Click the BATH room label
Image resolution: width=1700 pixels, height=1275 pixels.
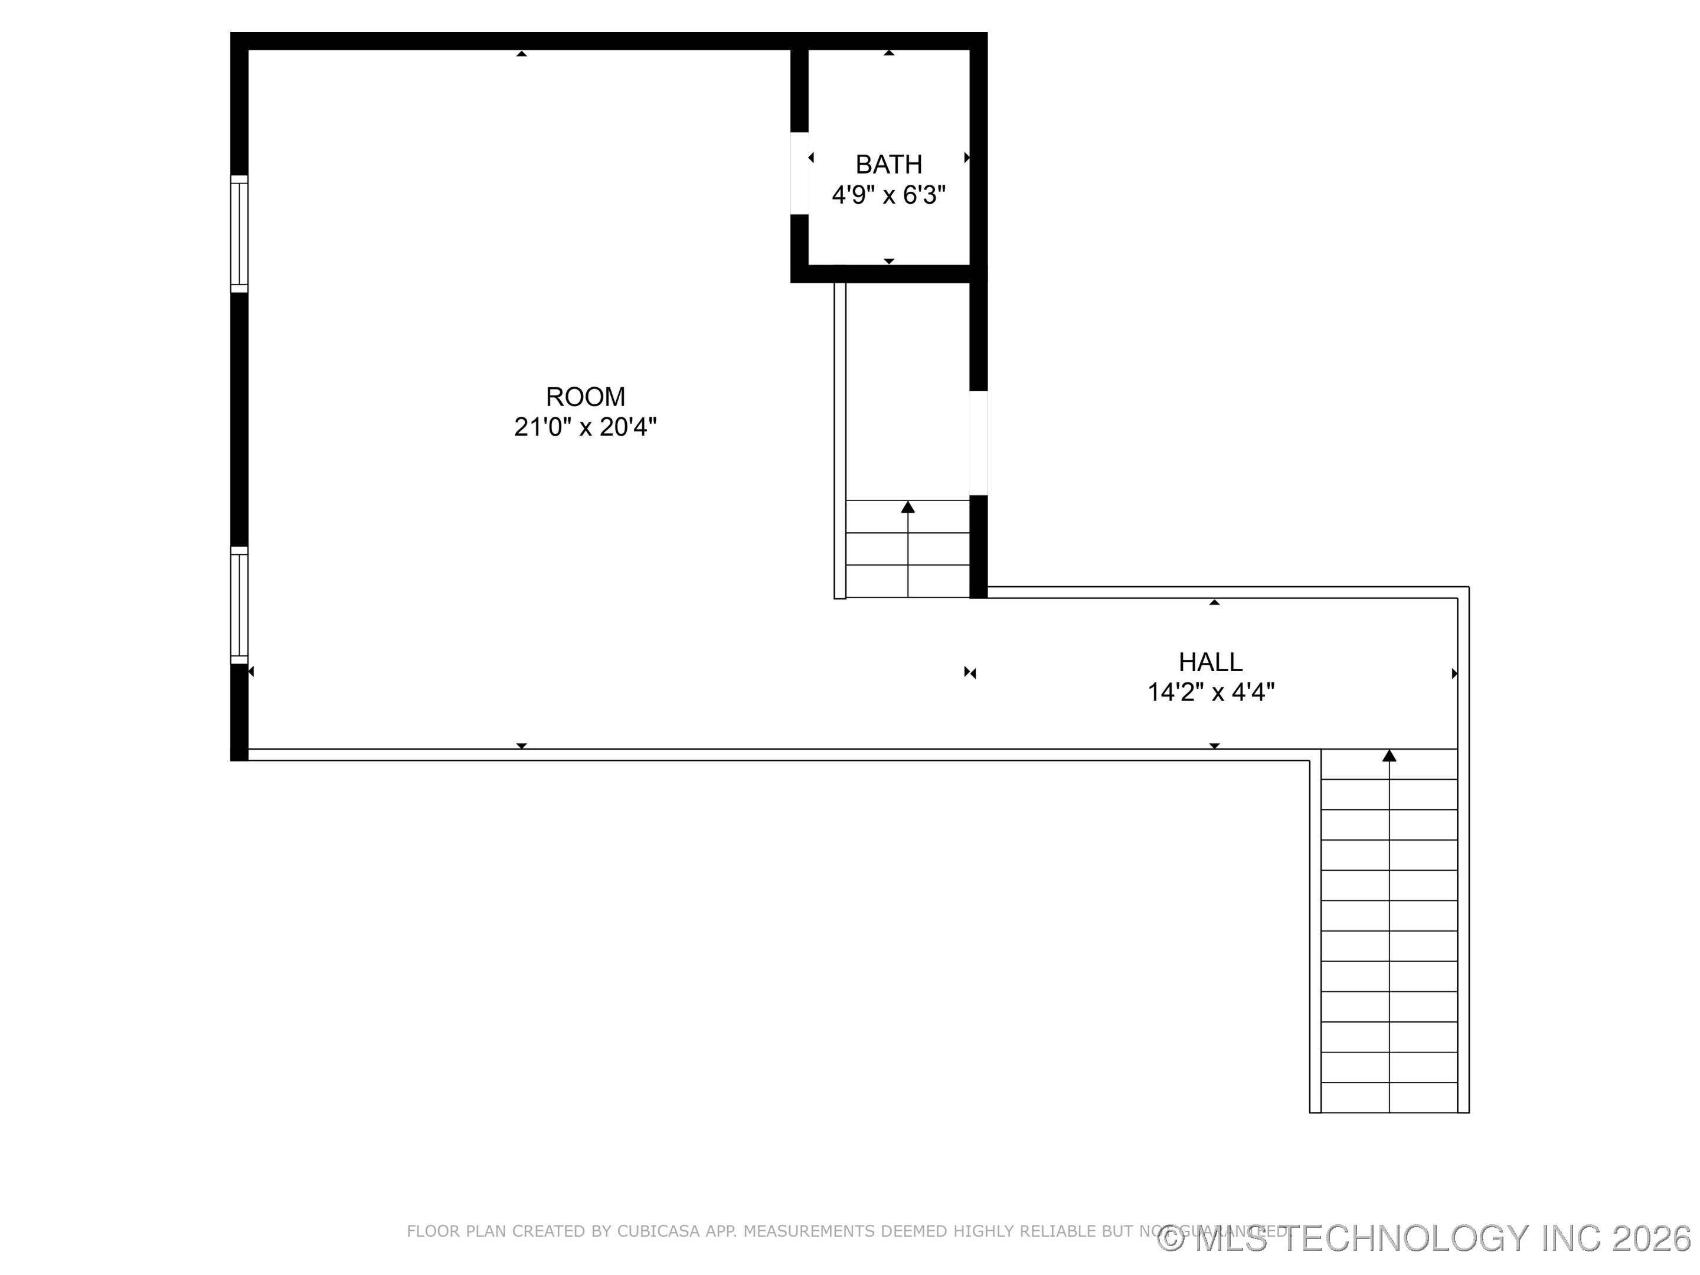click(888, 165)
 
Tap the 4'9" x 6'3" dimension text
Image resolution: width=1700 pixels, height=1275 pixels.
click(888, 195)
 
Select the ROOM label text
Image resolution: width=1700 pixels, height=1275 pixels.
click(585, 397)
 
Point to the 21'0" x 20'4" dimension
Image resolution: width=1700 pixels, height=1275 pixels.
click(585, 427)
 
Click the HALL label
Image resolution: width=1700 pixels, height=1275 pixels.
click(1211, 662)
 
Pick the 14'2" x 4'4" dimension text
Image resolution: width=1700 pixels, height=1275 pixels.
click(1211, 692)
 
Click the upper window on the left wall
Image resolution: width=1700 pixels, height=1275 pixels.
click(240, 234)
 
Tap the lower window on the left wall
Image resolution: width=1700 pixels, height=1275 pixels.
click(240, 605)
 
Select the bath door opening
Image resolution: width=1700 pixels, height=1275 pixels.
click(799, 173)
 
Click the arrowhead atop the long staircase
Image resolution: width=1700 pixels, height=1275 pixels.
click(1389, 756)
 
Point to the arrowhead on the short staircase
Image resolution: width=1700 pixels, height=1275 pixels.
click(908, 507)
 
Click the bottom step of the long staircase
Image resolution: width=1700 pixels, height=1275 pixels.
click(1389, 1097)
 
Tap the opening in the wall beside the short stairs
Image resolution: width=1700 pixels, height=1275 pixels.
click(977, 443)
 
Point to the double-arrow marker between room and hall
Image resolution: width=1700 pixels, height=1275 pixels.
click(970, 674)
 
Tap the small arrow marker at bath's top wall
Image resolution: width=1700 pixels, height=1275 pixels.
click(888, 53)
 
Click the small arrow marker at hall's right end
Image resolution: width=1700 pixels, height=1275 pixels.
click(1453, 674)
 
